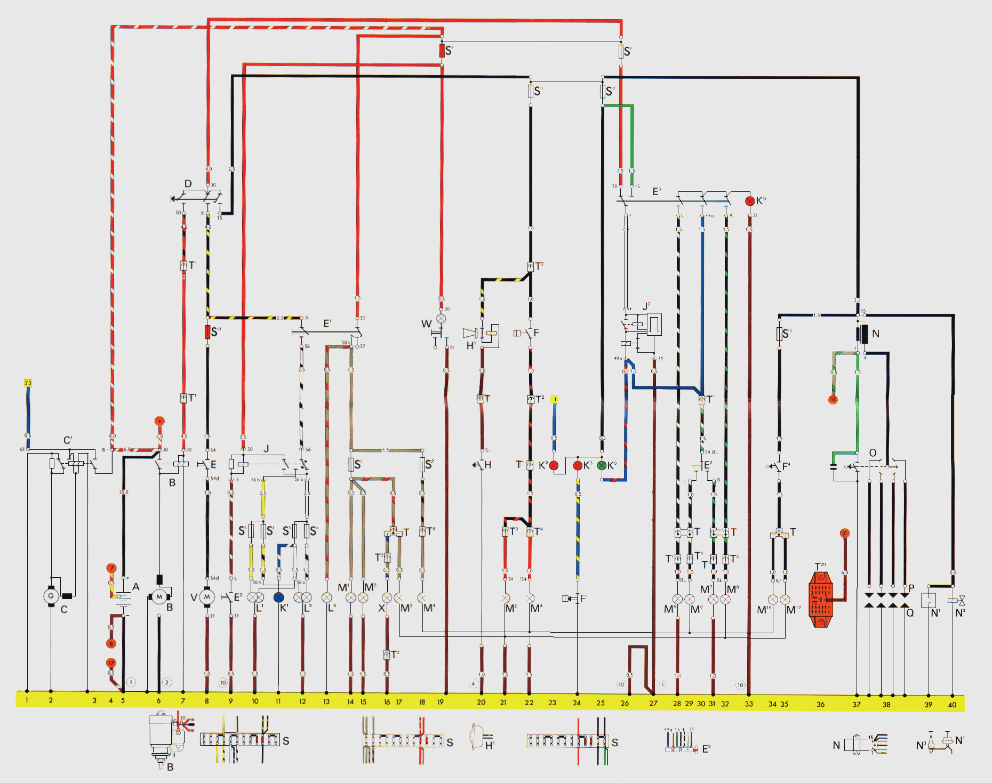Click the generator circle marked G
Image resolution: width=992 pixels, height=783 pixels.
click(51, 596)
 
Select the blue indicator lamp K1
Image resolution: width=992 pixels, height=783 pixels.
click(278, 598)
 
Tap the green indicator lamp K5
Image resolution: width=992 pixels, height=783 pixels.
click(602, 465)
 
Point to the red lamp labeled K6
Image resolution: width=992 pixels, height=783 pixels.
click(750, 201)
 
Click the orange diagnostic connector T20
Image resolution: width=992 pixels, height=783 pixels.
click(820, 599)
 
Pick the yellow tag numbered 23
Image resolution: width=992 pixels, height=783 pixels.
click(28, 383)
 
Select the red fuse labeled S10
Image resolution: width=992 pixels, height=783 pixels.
click(207, 332)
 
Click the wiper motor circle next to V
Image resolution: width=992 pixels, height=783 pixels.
click(207, 598)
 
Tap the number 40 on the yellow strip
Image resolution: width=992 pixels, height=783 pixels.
click(952, 705)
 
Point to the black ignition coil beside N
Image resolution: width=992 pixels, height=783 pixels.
click(864, 334)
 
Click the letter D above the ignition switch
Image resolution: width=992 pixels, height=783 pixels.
click(188, 184)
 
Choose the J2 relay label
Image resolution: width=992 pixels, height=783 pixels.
click(646, 306)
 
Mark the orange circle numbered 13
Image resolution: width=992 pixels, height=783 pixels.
click(833, 400)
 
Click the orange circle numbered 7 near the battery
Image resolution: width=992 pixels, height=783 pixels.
click(111, 568)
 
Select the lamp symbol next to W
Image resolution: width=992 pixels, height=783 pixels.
click(441, 319)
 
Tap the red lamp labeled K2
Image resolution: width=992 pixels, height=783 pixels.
click(554, 466)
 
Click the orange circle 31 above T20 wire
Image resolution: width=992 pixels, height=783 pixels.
click(844, 533)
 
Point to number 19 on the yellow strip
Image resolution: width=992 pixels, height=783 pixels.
click(440, 702)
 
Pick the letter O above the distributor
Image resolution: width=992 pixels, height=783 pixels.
click(873, 453)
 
